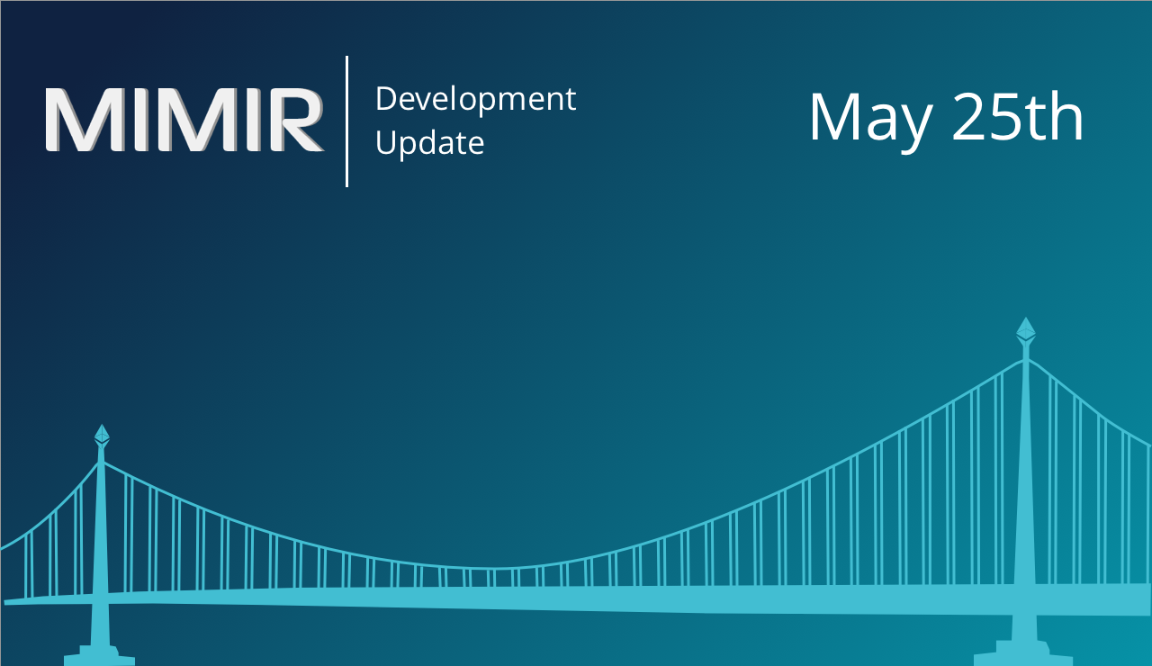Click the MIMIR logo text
tap(184, 120)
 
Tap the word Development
tap(476, 100)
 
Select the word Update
tap(430, 143)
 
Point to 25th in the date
tap(1018, 117)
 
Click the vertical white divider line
tap(347, 121)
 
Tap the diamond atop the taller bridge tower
tap(1025, 329)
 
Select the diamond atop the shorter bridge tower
tap(102, 435)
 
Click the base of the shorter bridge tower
tap(99, 656)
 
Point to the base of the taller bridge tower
tap(1023, 653)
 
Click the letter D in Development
tap(387, 99)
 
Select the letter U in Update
tap(386, 142)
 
